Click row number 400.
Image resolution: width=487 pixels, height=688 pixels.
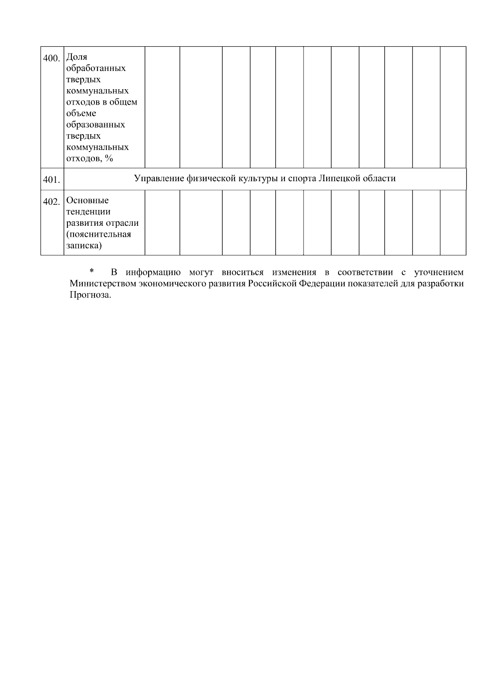(x=52, y=58)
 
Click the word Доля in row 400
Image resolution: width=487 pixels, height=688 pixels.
(x=76, y=57)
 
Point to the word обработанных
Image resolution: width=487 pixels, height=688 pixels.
(x=96, y=68)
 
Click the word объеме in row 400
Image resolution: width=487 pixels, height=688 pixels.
(x=81, y=113)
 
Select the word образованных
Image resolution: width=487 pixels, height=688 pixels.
(x=95, y=124)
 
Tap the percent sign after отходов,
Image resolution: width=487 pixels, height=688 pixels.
(x=108, y=159)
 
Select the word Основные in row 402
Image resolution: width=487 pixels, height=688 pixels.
(x=87, y=200)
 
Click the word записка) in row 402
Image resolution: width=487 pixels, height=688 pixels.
(x=84, y=246)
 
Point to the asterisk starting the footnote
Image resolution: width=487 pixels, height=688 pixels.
(x=92, y=271)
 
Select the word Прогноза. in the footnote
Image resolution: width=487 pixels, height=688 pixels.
(x=90, y=295)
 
